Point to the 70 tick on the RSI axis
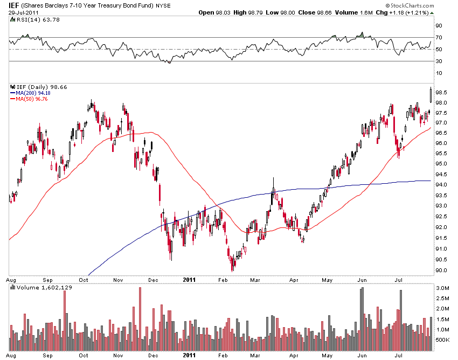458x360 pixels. point(439,37)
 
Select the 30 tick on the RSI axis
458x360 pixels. point(439,61)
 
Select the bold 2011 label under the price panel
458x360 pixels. point(189,279)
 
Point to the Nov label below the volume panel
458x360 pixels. point(119,355)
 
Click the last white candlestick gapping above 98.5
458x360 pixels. point(430,94)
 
